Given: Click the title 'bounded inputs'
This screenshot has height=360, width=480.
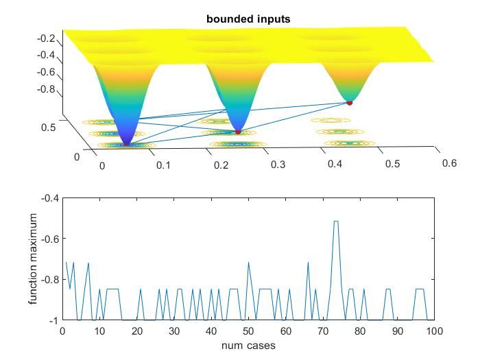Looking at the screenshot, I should (248, 19).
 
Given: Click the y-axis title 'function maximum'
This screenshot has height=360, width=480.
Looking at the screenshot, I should (34, 259).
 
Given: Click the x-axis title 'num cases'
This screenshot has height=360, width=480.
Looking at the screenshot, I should (248, 346).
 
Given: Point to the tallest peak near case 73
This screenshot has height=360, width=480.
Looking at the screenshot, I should (336, 221).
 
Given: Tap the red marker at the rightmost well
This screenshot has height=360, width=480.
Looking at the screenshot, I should (349, 103).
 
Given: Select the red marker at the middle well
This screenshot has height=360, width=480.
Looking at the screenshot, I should (238, 131).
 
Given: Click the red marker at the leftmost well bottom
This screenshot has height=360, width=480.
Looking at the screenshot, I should (125, 144).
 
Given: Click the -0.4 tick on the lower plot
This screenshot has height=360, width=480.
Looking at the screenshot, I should (50, 198).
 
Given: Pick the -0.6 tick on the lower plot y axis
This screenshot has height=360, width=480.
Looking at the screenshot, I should (50, 239).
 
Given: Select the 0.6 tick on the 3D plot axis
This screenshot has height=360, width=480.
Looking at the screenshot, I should (448, 163).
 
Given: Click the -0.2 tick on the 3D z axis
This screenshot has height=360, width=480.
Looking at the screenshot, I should (45, 38).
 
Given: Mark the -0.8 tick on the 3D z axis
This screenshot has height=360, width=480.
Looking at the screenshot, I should (45, 89).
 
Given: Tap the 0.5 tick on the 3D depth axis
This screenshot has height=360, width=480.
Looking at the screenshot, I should (49, 127).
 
